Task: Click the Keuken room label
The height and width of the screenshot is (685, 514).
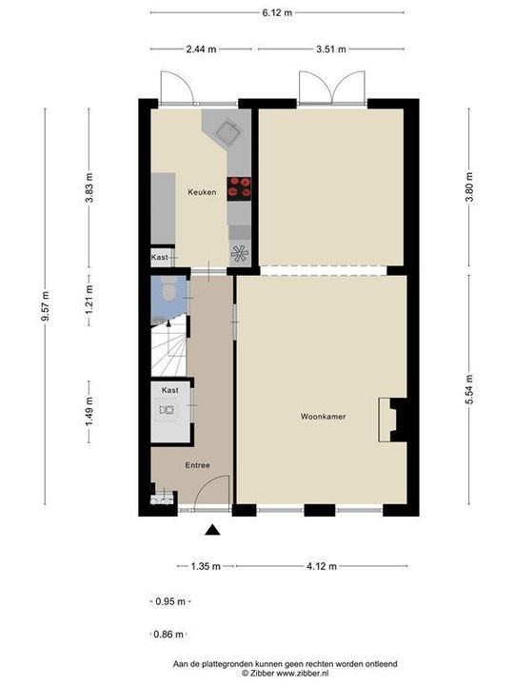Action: (201, 192)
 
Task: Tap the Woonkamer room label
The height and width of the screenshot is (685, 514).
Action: (323, 417)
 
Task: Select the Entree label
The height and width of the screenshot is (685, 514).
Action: (197, 465)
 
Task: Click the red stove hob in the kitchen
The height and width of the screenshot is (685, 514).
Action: (239, 187)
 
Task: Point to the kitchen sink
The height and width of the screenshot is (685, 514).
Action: (227, 130)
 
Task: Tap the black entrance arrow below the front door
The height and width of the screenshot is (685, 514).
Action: (213, 531)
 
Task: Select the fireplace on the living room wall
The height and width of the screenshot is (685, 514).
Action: (391, 419)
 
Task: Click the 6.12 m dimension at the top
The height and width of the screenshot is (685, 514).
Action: (277, 12)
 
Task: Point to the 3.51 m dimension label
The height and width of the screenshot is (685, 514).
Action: (331, 49)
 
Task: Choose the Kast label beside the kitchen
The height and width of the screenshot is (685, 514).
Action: (160, 258)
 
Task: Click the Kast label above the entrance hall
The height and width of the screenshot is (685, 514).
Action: (170, 390)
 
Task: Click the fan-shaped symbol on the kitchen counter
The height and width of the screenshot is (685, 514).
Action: (239, 253)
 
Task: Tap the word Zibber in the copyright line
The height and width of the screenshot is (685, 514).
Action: (263, 673)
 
